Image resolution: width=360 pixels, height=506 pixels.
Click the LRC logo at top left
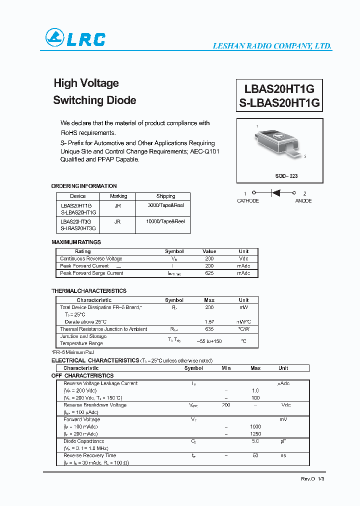tap(75, 38)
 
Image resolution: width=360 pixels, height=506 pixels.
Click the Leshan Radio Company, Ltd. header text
tap(272, 46)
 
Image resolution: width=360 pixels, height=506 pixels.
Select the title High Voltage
tap(86, 83)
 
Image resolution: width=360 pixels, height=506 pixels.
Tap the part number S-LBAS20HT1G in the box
tap(279, 103)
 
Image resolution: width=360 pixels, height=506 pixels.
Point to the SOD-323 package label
tap(286, 176)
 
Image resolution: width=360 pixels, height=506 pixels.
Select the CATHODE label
tap(247, 201)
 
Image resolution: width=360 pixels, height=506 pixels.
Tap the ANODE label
tap(303, 201)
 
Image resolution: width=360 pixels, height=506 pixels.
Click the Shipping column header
tap(165, 196)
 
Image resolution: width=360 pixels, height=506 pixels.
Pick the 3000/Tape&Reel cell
tap(166, 205)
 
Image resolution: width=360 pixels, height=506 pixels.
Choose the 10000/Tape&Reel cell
tap(166, 221)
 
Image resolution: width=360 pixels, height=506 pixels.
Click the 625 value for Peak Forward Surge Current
tap(209, 273)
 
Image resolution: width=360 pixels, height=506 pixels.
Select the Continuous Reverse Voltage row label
tap(91, 258)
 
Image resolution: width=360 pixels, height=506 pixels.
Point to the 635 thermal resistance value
tap(209, 329)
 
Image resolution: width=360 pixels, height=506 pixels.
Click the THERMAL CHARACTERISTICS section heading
tap(89, 291)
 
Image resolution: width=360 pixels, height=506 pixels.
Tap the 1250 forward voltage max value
tap(255, 434)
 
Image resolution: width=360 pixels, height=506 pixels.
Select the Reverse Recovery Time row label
tap(89, 455)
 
